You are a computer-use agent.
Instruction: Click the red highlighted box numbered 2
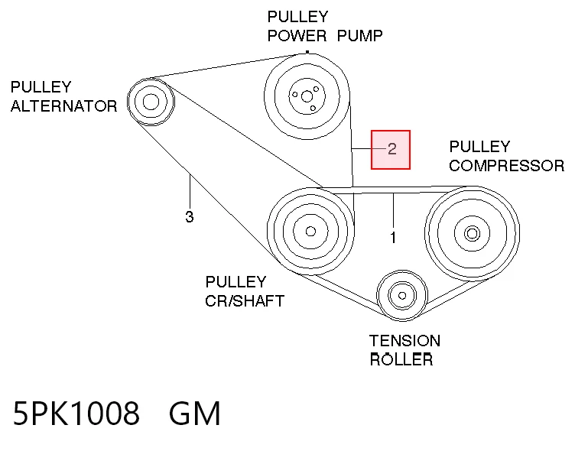pyautogui.click(x=391, y=150)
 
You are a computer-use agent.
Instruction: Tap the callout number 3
pyautogui.click(x=189, y=216)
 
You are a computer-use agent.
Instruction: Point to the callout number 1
pyautogui.click(x=393, y=238)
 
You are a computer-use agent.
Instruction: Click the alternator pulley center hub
pyautogui.click(x=151, y=102)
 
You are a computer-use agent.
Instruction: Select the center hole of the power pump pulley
pyautogui.click(x=307, y=97)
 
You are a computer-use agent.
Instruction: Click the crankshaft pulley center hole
pyautogui.click(x=310, y=232)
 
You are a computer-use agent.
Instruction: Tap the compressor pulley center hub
pyautogui.click(x=472, y=233)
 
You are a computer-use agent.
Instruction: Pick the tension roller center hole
pyautogui.click(x=402, y=296)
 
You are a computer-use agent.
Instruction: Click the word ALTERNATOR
pyautogui.click(x=63, y=106)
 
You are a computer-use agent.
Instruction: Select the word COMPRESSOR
pyautogui.click(x=506, y=165)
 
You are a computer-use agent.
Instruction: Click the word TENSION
pyautogui.click(x=404, y=341)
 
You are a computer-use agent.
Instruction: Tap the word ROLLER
pyautogui.click(x=401, y=359)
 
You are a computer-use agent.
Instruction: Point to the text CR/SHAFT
pyautogui.click(x=245, y=301)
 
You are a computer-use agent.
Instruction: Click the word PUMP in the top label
pyautogui.click(x=359, y=36)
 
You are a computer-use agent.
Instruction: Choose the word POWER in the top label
pyautogui.click(x=297, y=36)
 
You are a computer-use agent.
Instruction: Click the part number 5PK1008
pyautogui.click(x=76, y=413)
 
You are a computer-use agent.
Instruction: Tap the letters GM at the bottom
pyautogui.click(x=194, y=413)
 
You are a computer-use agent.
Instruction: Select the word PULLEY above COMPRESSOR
pyautogui.click(x=479, y=147)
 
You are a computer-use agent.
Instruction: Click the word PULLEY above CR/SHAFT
pyautogui.click(x=236, y=282)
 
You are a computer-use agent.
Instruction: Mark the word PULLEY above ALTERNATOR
pyautogui.click(x=41, y=87)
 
